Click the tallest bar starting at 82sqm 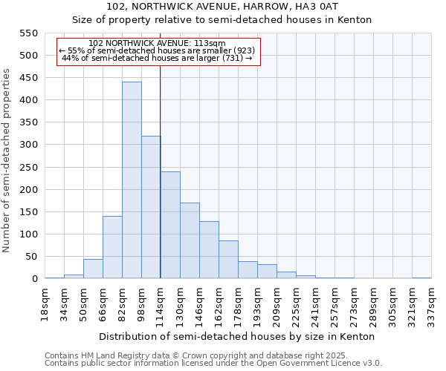coord(132,180)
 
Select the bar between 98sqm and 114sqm coord(151,207)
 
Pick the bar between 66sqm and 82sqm coord(112,247)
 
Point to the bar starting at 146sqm coord(209,250)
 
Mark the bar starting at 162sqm coord(228,260)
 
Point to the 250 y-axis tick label coord(28,167)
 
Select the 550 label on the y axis coord(28,33)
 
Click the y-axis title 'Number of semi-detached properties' coord(7,160)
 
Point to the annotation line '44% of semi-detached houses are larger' coord(157,58)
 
